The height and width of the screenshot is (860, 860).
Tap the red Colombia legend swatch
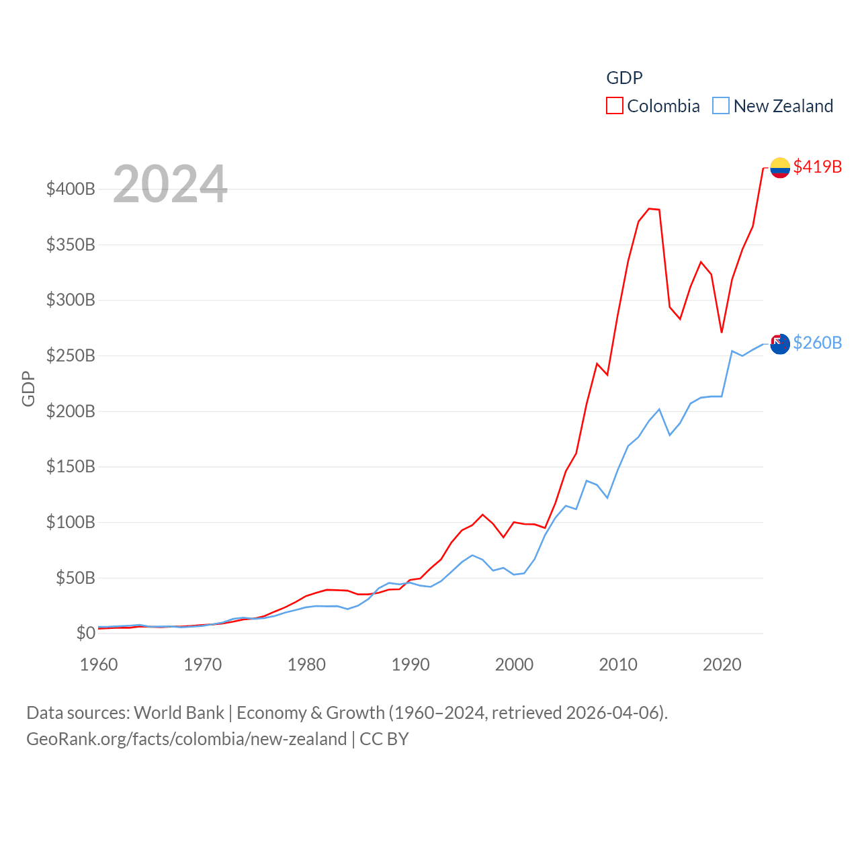tap(615, 105)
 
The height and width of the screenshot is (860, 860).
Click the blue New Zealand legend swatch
tap(721, 105)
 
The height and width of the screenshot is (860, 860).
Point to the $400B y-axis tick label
tap(71, 189)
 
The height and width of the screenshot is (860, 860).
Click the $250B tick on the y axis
tap(71, 355)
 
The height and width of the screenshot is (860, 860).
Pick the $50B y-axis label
tap(75, 578)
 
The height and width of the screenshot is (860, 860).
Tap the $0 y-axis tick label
tap(85, 633)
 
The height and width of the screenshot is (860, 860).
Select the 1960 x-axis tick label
tap(99, 664)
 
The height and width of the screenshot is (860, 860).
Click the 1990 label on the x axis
tap(411, 664)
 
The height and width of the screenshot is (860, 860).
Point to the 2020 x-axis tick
tap(722, 664)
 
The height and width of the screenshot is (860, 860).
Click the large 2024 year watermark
tap(170, 184)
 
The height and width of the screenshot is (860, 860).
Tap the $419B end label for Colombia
tap(817, 167)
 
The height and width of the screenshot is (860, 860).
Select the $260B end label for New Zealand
tap(817, 343)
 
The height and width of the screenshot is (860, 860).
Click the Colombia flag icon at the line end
tap(779, 167)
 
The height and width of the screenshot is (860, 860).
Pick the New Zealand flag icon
tap(779, 344)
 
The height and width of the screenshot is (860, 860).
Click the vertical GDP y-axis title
tap(28, 388)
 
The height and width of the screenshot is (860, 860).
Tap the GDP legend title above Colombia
tap(624, 78)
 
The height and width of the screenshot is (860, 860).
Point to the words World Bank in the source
tap(179, 713)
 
